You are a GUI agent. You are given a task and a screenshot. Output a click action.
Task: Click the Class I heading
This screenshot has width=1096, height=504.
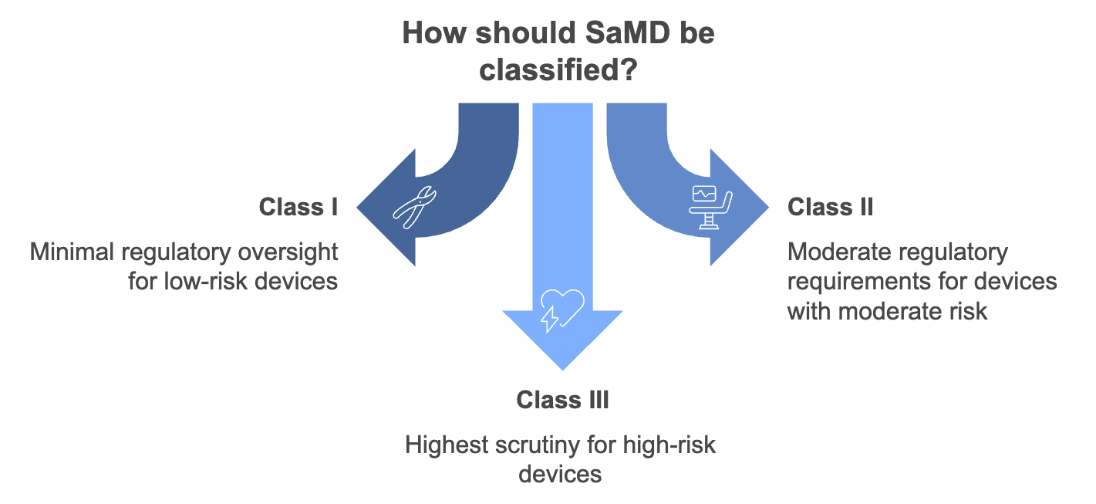[298, 207]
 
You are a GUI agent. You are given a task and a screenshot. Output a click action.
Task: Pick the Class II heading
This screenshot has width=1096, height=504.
[830, 207]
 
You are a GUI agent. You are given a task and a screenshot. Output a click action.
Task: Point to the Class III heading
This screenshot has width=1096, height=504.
[562, 400]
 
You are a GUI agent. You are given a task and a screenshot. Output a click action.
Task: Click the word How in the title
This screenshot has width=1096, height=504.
[432, 35]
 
